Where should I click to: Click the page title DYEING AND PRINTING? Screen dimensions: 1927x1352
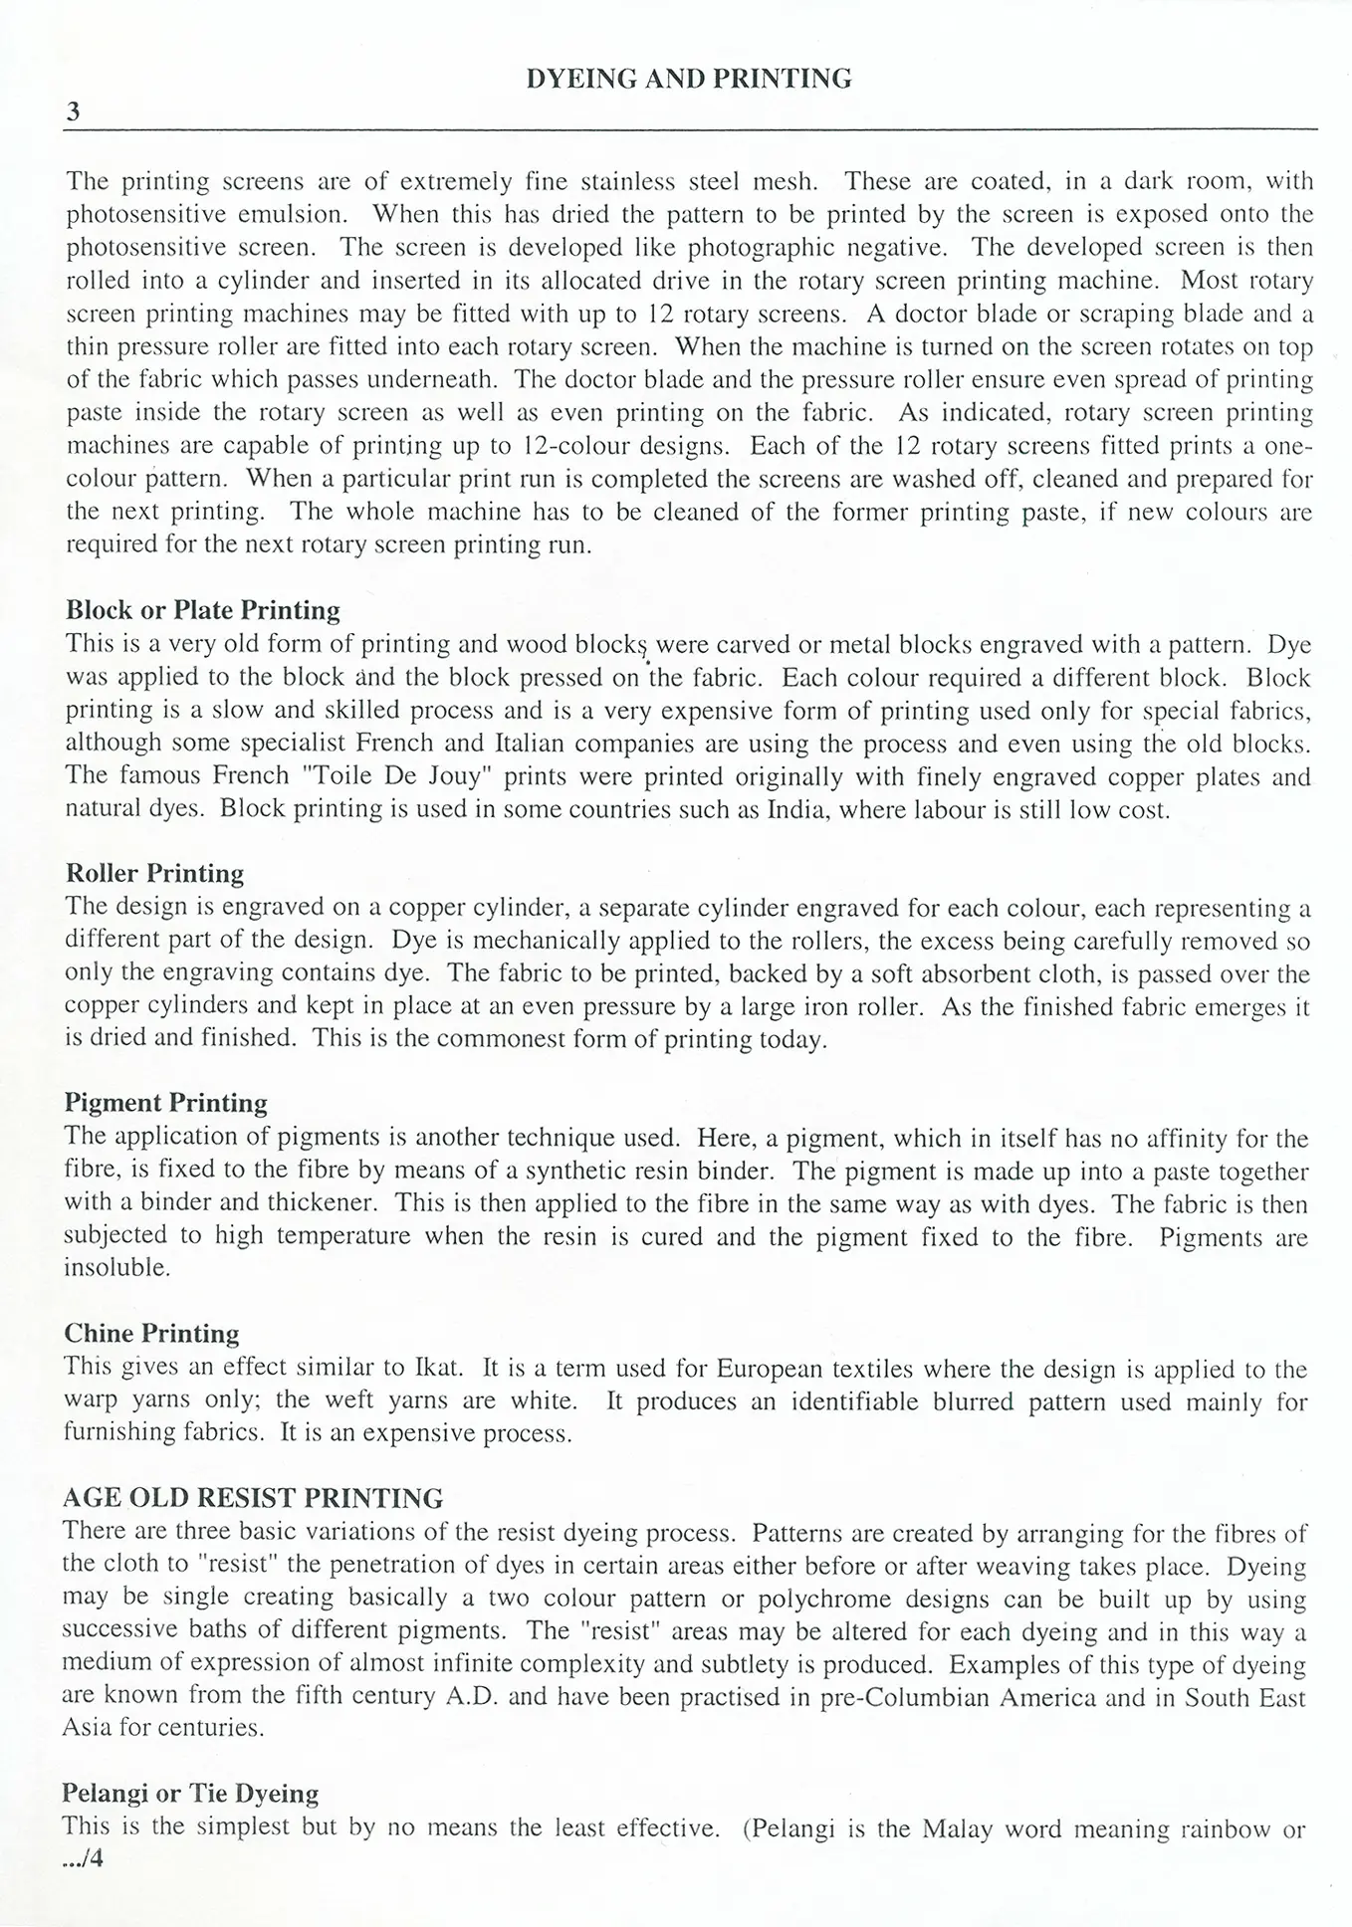click(688, 79)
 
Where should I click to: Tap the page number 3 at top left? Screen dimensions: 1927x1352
click(73, 112)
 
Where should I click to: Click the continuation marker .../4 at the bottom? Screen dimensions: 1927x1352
click(84, 1857)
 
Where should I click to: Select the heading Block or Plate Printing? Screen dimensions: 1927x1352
click(202, 610)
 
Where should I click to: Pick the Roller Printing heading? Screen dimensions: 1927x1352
click(154, 873)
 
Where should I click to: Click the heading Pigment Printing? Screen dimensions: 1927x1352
click(165, 1103)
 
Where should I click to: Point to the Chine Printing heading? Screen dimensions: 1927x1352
click(151, 1333)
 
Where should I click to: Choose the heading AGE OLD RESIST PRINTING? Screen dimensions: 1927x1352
click(253, 1498)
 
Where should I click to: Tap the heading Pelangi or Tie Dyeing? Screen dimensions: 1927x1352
click(190, 1793)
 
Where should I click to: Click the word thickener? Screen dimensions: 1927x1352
click(317, 1203)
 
